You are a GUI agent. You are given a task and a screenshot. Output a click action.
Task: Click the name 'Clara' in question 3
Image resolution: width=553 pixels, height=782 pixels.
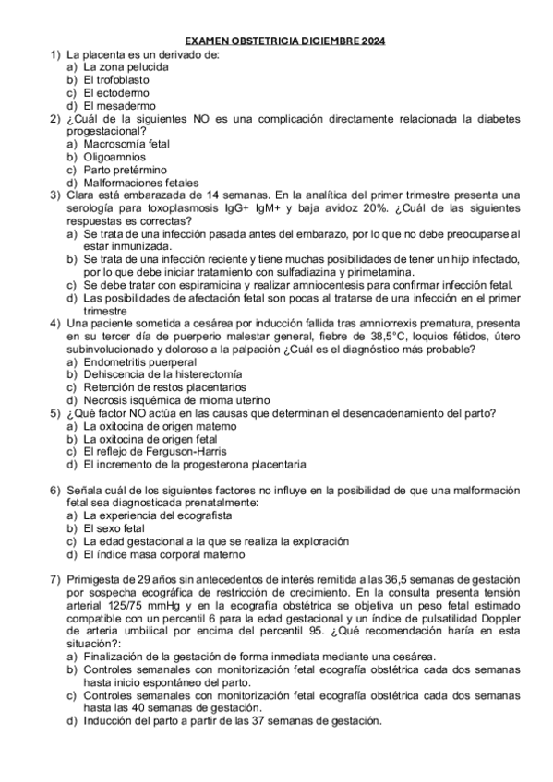tap(79, 195)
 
